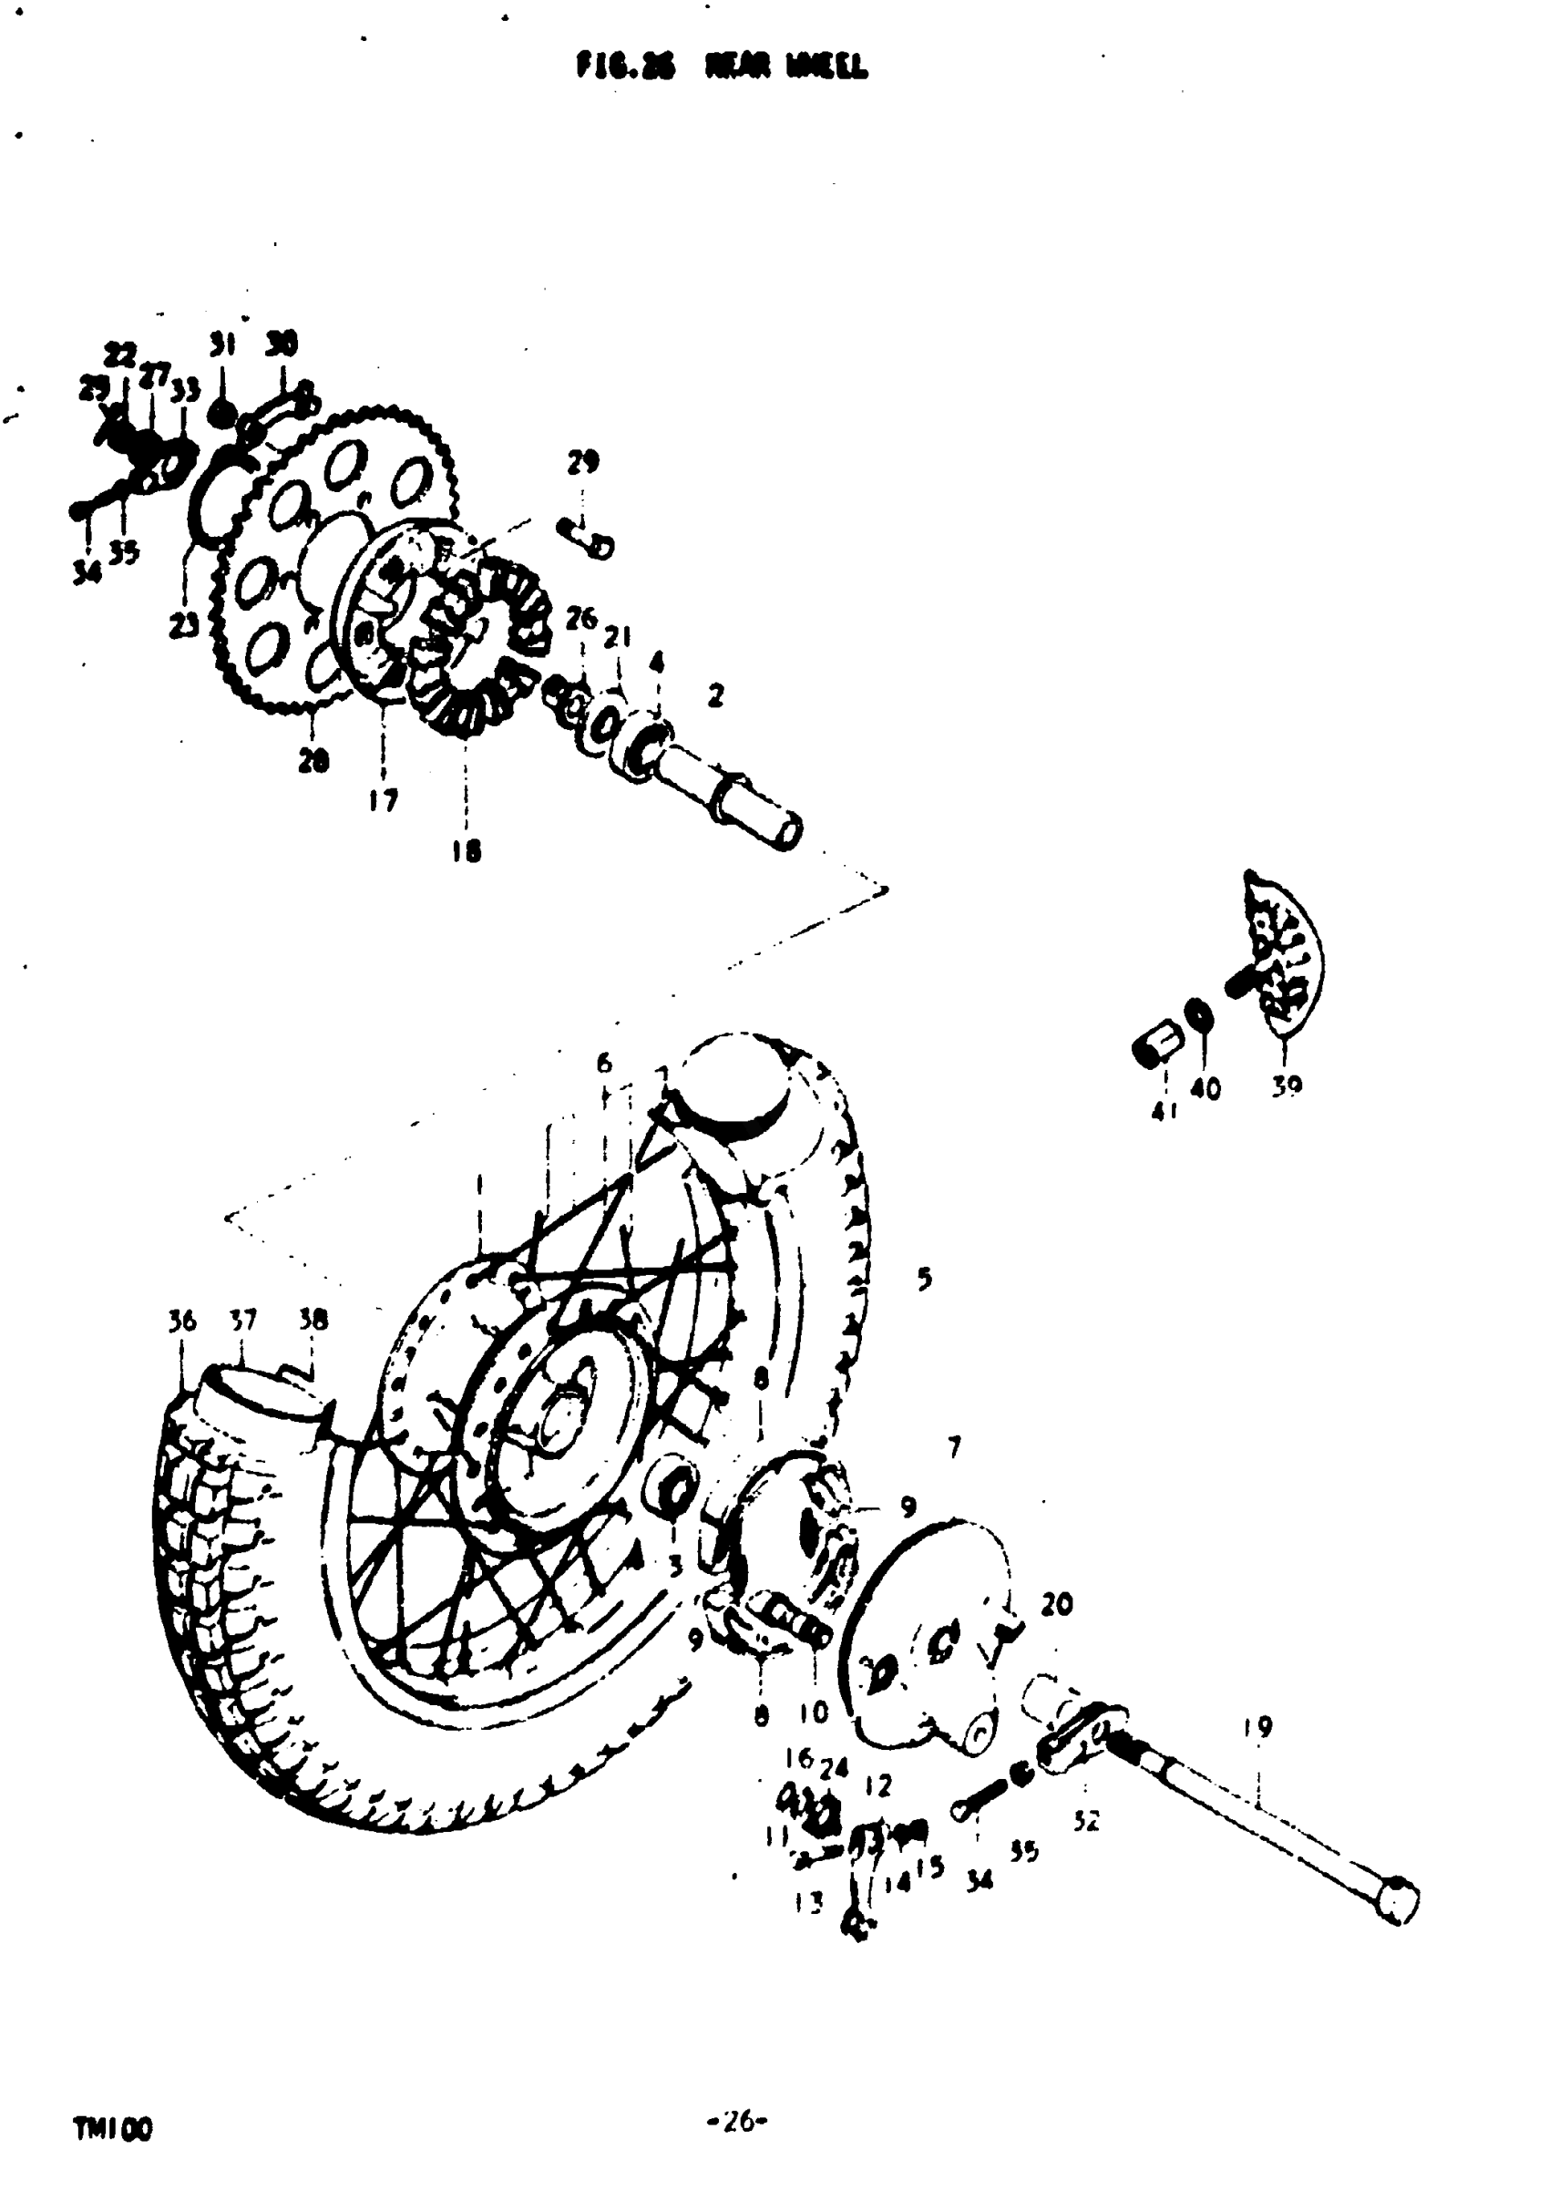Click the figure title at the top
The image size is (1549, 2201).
(722, 67)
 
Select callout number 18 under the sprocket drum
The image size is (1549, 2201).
(466, 850)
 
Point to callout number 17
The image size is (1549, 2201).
(383, 799)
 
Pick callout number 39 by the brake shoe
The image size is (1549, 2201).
(1287, 1086)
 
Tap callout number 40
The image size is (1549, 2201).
(1205, 1089)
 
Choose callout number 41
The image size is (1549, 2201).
(1163, 1111)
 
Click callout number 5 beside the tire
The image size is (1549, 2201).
(924, 1278)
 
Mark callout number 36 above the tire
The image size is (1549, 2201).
(181, 1321)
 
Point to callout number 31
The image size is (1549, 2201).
(222, 345)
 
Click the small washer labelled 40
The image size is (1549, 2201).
(1198, 1013)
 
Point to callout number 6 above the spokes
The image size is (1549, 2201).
(604, 1062)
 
